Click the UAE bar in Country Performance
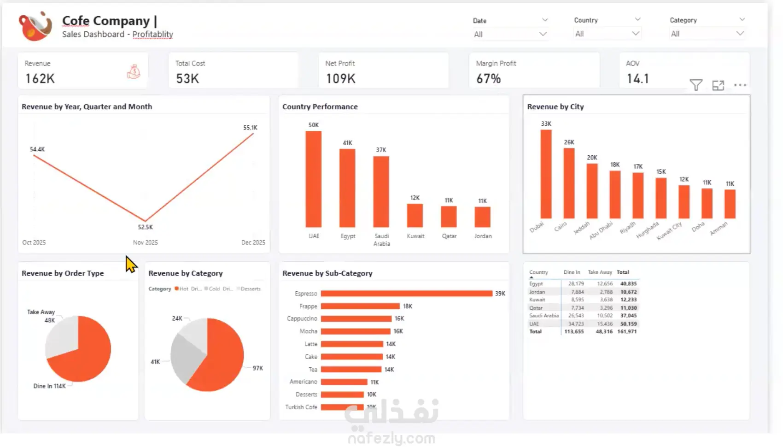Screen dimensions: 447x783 [x=313, y=179]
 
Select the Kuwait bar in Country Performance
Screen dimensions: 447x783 [x=415, y=215]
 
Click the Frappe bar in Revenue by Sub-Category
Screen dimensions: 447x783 [x=360, y=306]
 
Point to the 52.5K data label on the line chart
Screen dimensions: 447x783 [x=145, y=227]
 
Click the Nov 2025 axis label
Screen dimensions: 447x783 [x=145, y=242]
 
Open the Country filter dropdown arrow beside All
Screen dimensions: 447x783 [x=636, y=34]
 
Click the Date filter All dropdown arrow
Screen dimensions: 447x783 [x=543, y=34]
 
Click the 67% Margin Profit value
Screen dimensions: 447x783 [x=488, y=79]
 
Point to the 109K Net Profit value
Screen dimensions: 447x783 [x=340, y=79]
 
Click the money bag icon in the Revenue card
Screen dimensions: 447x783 [x=134, y=71]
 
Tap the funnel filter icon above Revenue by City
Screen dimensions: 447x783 [x=695, y=85]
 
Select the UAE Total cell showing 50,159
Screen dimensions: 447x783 [x=628, y=324]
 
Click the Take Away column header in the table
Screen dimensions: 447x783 [x=600, y=272]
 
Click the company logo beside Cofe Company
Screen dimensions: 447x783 [x=35, y=26]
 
